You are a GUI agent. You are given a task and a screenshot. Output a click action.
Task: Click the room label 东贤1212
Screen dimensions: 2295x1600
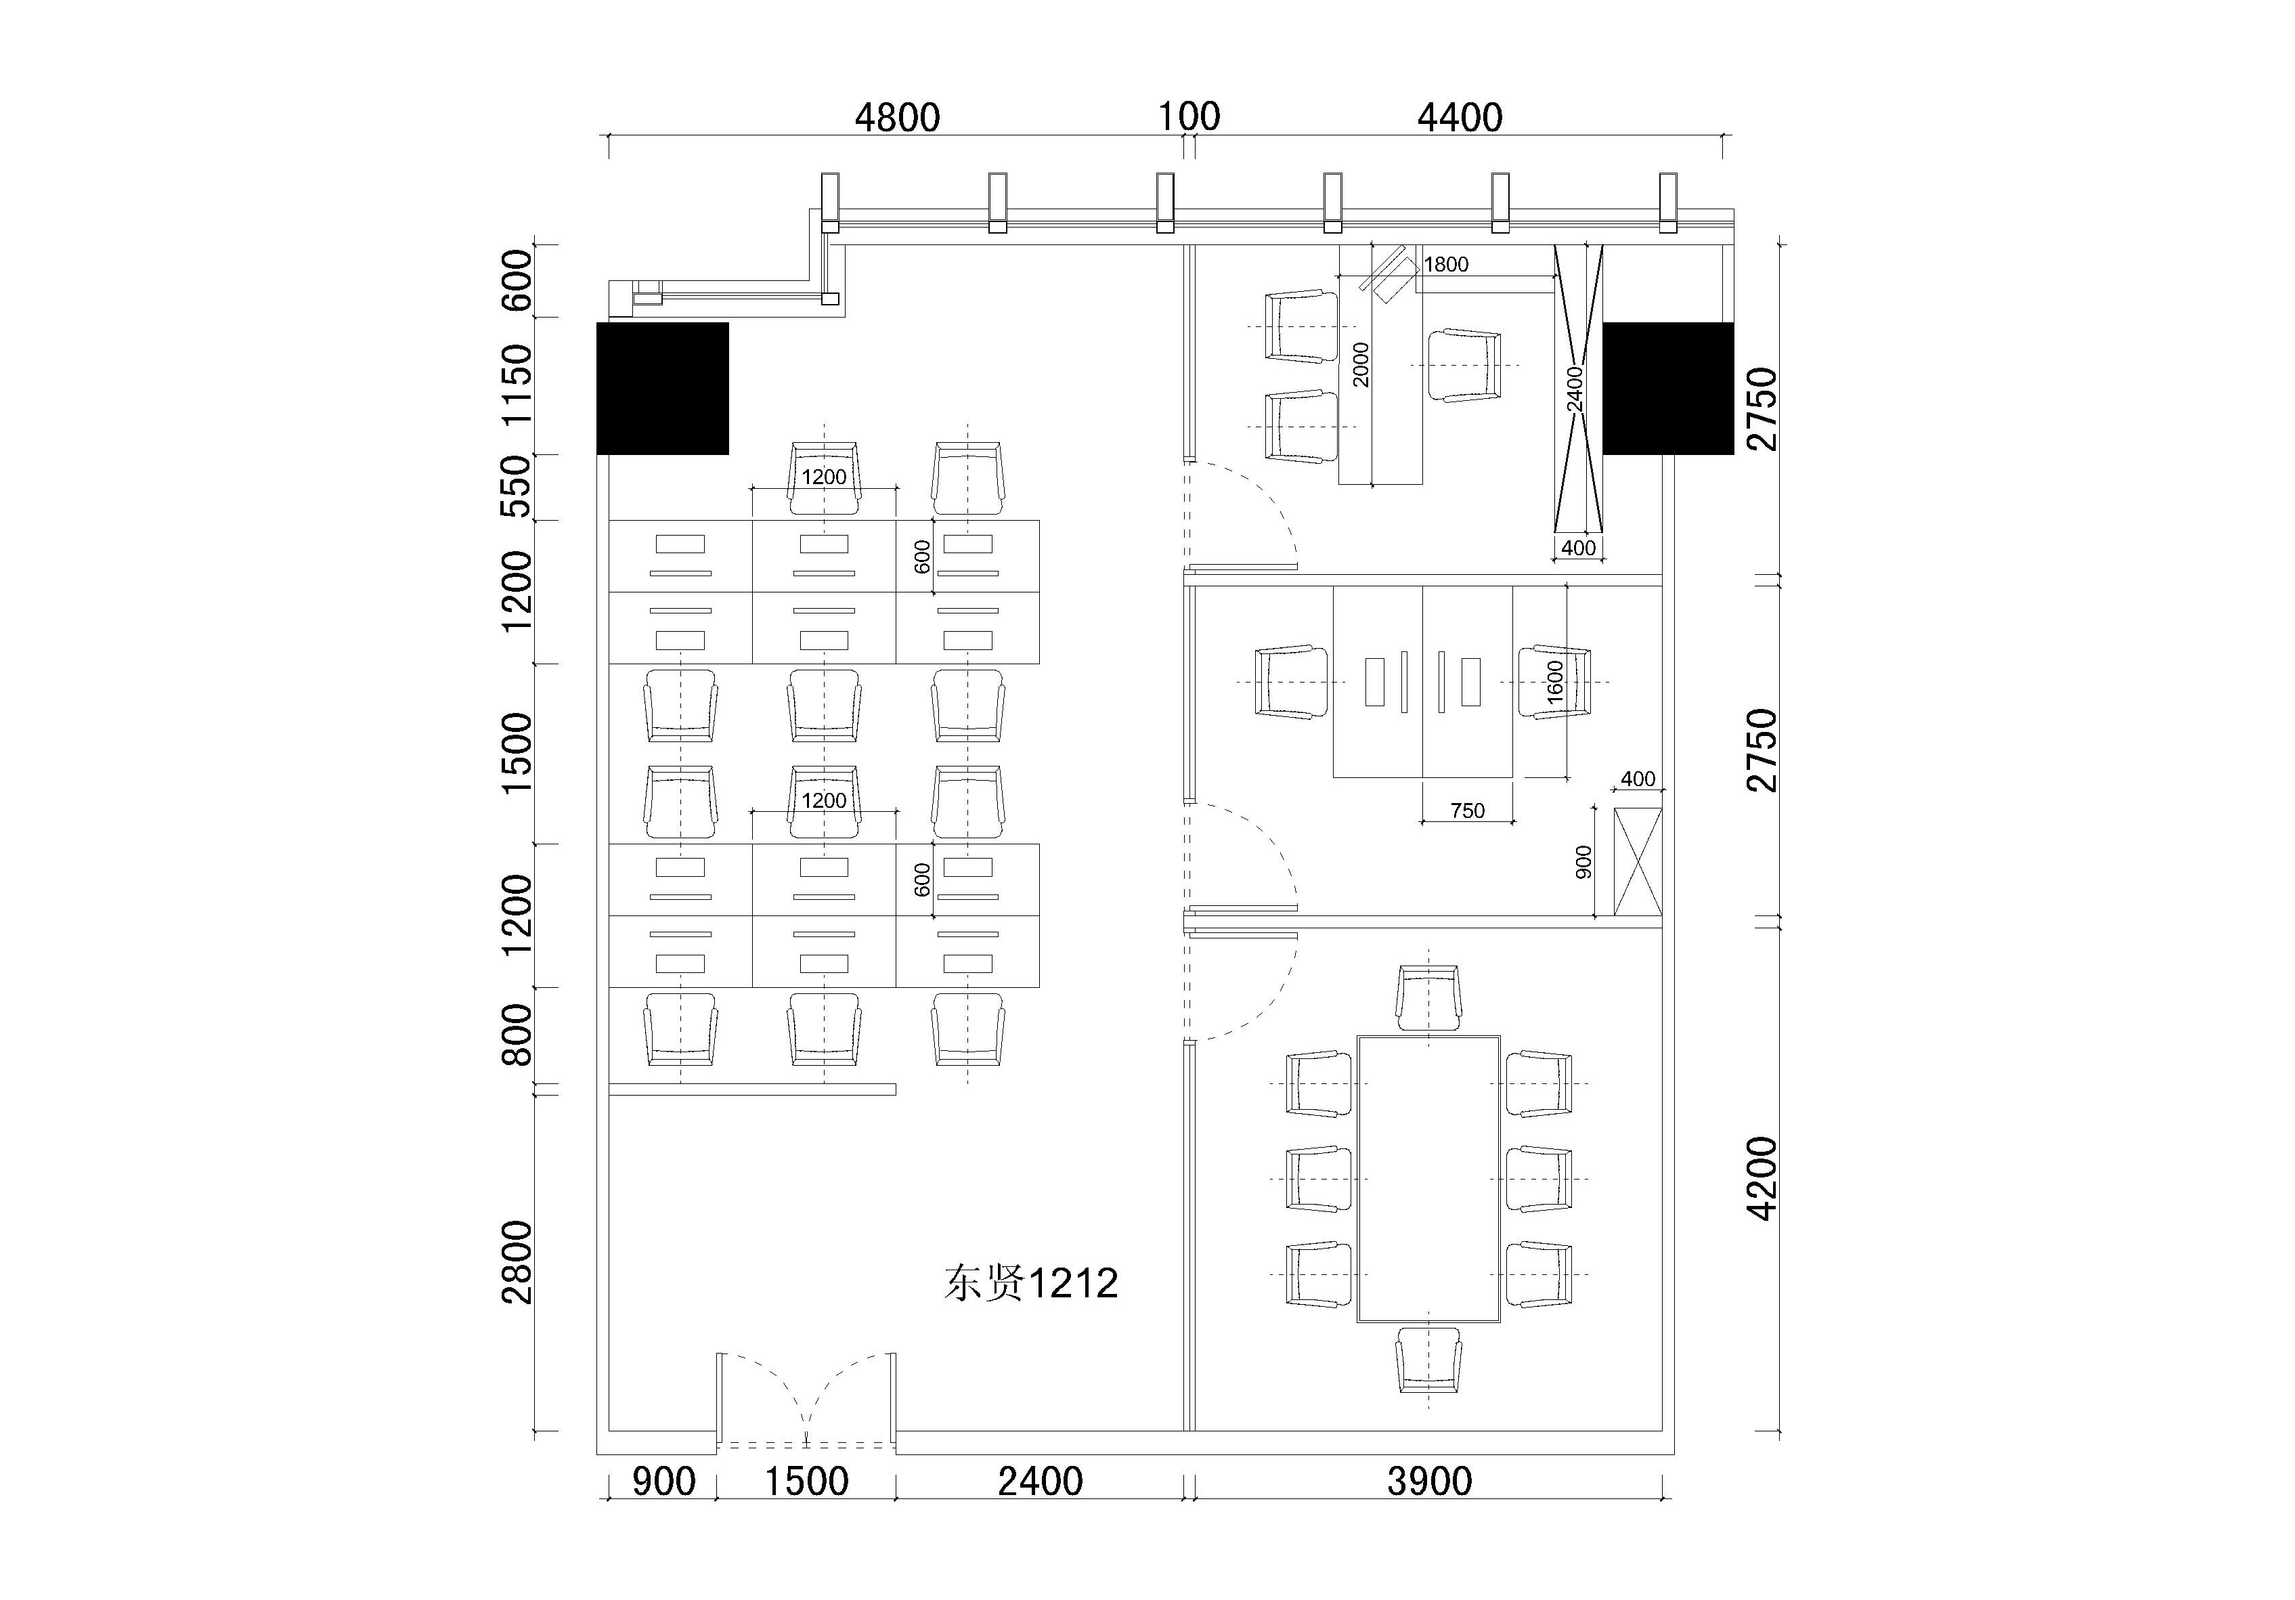1030,1283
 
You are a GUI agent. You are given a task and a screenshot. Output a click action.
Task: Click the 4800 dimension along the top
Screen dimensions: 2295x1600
898,118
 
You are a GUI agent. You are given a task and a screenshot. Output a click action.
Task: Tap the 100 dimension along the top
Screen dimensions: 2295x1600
1189,117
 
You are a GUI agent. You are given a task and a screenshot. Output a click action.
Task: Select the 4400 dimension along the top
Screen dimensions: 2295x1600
1460,118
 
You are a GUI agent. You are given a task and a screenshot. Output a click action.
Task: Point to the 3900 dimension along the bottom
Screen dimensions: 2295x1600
1429,1481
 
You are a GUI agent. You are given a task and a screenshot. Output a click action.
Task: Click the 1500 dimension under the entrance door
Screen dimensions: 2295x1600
807,1481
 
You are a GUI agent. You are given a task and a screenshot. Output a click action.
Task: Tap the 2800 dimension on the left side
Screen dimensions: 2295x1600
518,1262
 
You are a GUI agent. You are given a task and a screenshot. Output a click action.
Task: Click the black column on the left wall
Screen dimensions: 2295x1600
663,388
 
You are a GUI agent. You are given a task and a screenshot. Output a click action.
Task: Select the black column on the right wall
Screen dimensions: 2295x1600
1668,388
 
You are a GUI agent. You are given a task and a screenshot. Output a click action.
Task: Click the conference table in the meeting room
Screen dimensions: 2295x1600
1429,1179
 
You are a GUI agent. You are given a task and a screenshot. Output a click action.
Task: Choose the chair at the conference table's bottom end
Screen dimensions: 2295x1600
1429,1360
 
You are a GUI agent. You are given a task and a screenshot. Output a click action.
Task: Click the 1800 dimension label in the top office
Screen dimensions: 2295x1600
1446,264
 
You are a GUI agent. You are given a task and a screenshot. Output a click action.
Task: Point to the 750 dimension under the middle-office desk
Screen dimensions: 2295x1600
1467,811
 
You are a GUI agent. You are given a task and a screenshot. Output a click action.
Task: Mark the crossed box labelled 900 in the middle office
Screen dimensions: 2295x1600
1637,862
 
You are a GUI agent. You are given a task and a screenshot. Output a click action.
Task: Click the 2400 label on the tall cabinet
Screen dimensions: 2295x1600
1575,389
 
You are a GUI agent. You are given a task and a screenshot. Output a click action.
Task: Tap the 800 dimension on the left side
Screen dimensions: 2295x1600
518,1035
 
